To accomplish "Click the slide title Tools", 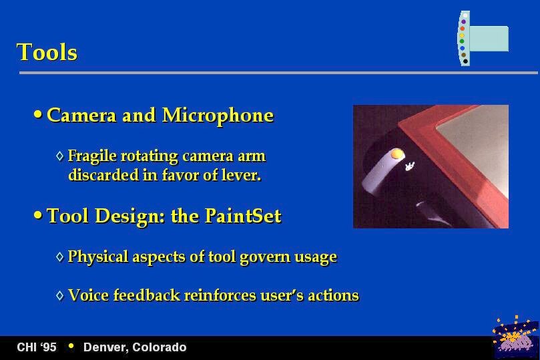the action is coord(47,52).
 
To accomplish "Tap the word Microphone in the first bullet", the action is coord(218,116).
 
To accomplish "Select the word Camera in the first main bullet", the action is coord(81,116).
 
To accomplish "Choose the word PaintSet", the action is coord(243,216).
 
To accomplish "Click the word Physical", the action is coord(98,257).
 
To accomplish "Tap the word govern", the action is coord(265,257).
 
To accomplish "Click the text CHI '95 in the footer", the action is coord(37,347).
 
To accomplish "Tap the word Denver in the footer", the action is coord(105,347).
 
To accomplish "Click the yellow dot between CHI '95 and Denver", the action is coord(71,346).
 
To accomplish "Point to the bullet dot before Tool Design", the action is coord(38,215).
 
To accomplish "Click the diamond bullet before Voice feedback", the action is coord(60,295).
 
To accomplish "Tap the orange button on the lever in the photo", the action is coord(396,154).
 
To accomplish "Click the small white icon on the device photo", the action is coord(409,166).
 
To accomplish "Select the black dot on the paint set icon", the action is coord(465,61).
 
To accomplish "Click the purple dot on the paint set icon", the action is coord(463,21).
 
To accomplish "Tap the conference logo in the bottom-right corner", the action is coord(515,337).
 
